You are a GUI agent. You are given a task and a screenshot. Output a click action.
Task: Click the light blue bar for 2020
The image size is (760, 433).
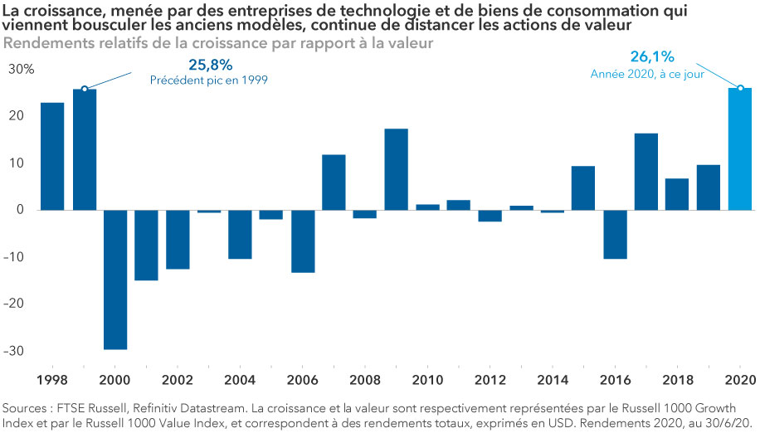click(x=740, y=149)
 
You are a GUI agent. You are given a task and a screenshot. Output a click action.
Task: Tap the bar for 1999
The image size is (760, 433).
click(x=85, y=149)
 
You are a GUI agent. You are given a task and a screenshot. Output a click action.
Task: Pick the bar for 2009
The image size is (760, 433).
click(x=396, y=169)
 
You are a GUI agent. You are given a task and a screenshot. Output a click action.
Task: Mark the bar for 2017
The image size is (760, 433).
click(x=646, y=172)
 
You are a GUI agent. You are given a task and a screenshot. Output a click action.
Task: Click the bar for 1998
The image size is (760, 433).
click(x=53, y=156)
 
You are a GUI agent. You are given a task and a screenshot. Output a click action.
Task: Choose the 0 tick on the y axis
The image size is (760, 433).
click(x=30, y=210)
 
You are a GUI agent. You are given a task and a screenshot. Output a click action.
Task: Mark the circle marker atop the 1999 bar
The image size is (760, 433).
click(x=85, y=89)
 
